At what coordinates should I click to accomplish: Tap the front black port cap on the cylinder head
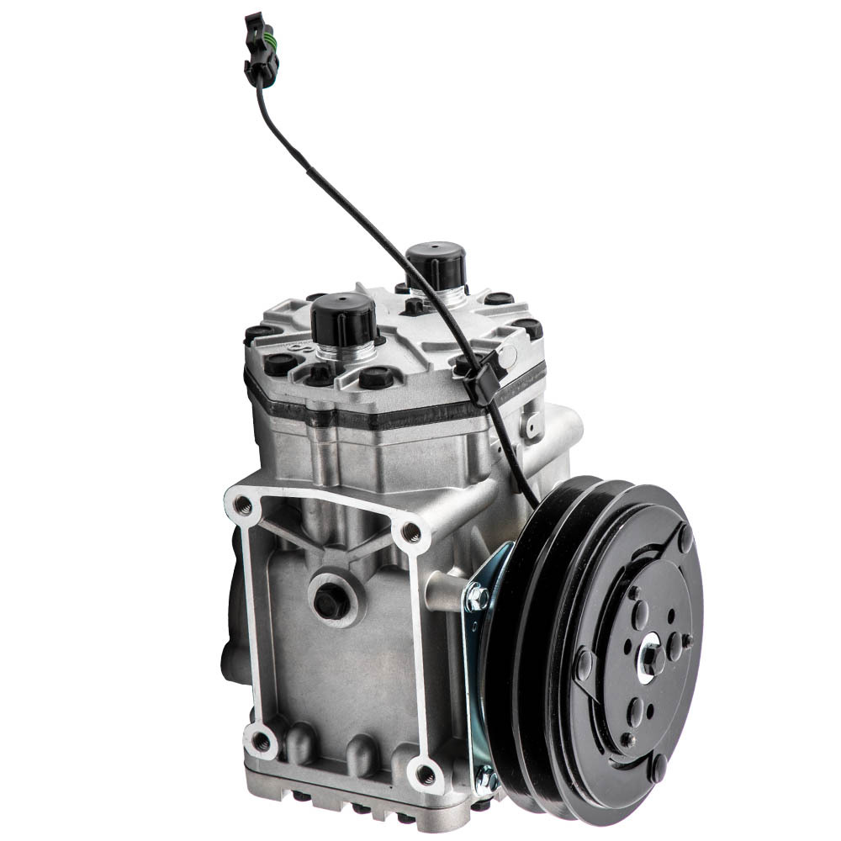[x=343, y=320]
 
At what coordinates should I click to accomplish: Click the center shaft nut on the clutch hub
[x=649, y=657]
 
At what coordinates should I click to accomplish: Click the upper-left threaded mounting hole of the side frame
[x=243, y=505]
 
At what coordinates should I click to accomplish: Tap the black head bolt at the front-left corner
[x=278, y=364]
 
